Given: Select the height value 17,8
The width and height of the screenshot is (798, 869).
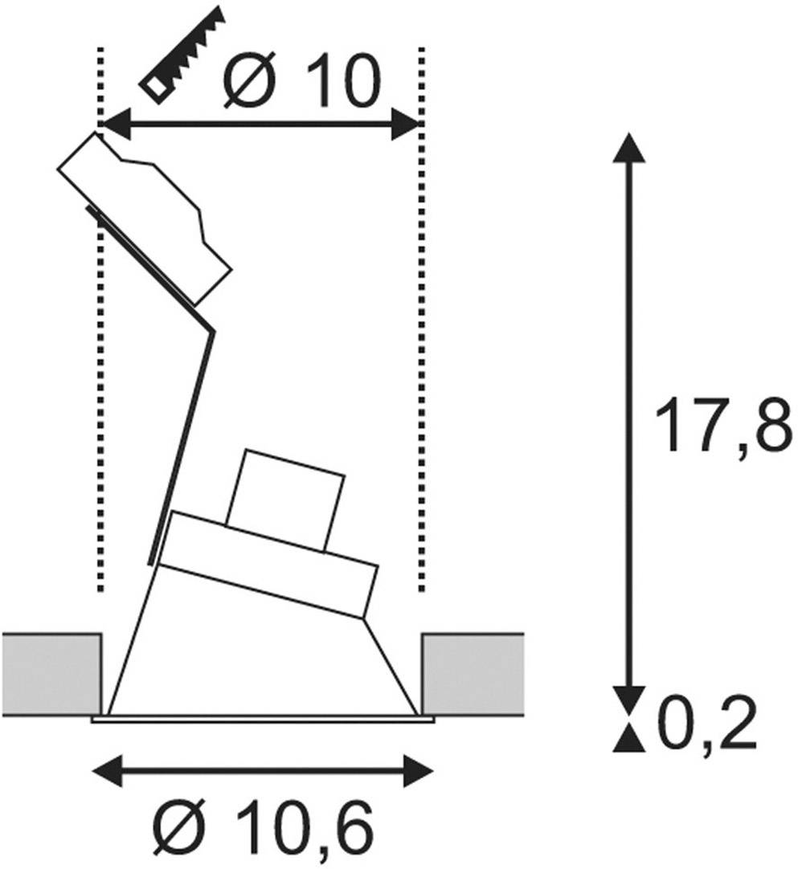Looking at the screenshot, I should [722, 426].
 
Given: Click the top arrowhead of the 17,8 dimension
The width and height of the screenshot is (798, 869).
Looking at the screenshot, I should [628, 149].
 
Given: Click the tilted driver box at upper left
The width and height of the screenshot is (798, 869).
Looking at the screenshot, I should [145, 217].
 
